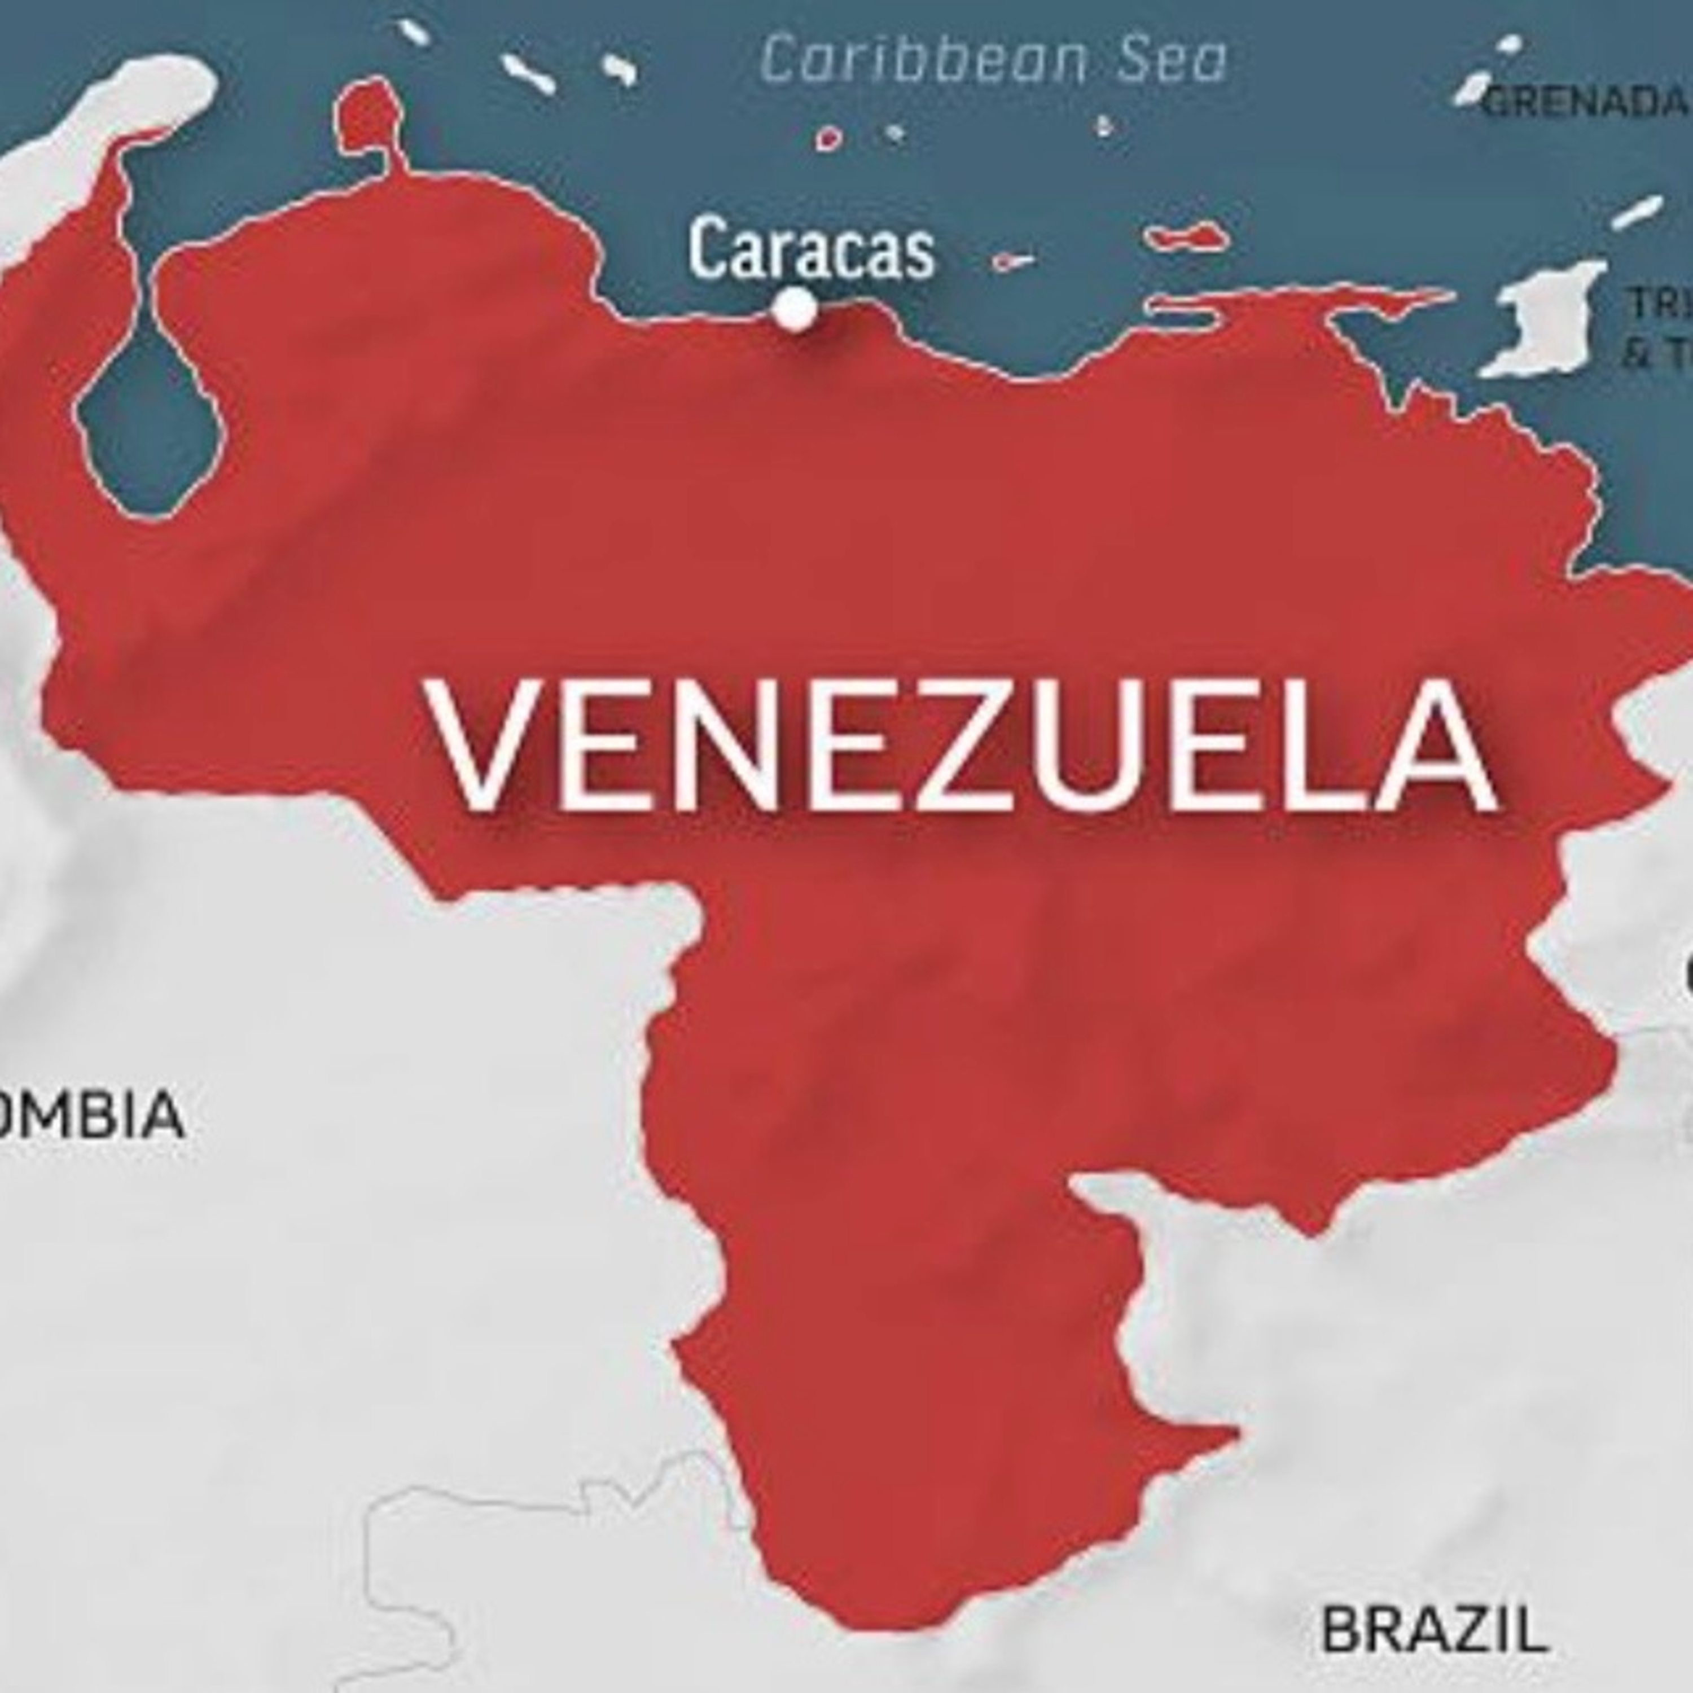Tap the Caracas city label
[x=810, y=251]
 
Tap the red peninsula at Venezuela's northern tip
[x=370, y=119]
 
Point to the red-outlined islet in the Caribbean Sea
[x=828, y=138]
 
